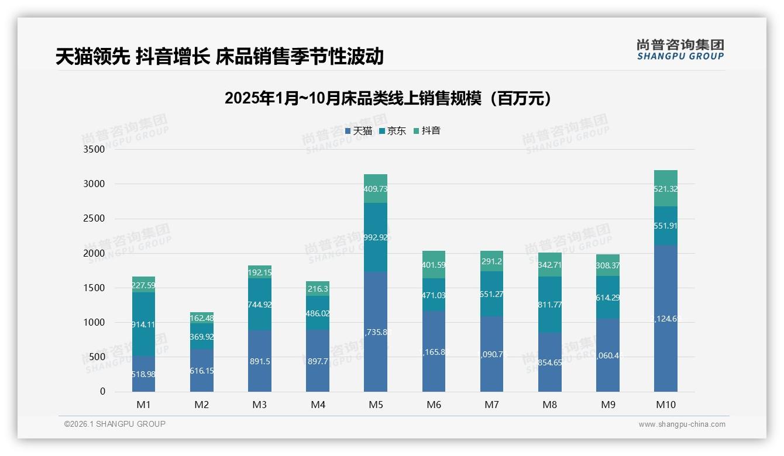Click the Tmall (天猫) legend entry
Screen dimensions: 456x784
(359, 131)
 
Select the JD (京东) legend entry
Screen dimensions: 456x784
(393, 131)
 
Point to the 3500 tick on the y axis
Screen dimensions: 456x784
(94, 150)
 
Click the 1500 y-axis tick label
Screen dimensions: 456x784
(94, 288)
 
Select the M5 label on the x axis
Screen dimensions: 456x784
(376, 405)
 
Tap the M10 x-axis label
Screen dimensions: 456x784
(666, 405)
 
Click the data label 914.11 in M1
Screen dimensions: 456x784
(143, 324)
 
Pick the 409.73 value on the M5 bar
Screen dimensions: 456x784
(376, 189)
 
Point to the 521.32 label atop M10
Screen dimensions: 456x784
(666, 189)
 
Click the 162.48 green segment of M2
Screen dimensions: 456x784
(202, 319)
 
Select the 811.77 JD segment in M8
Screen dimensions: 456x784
(550, 304)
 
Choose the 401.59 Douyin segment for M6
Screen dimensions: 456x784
(434, 265)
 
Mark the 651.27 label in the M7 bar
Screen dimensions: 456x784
(491, 294)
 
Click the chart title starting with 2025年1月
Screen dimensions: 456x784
(388, 98)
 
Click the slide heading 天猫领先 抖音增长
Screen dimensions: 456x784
(219, 57)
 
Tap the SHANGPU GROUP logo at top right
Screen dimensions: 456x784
(680, 50)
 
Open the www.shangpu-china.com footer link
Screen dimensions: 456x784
(682, 424)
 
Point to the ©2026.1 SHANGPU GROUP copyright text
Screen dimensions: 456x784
(115, 424)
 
